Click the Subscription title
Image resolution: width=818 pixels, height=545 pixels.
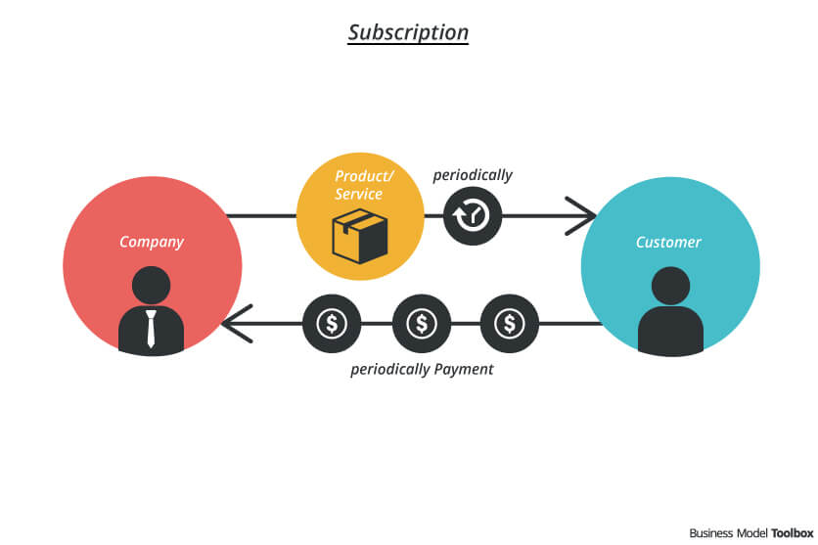coord(408,32)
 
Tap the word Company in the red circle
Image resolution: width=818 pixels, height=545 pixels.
coord(151,242)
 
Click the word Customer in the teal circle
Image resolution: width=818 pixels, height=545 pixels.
coord(668,242)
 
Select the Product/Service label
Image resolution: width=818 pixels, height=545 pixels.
coord(359,185)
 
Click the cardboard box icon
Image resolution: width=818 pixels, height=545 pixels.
coord(360,238)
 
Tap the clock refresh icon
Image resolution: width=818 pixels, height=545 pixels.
coord(472,214)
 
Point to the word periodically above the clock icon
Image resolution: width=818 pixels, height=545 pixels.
coord(473,175)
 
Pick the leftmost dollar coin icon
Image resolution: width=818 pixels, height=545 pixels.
coord(332,323)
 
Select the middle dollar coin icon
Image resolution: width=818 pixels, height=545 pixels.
coord(421,323)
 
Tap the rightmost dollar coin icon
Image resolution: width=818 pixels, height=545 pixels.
coord(509,323)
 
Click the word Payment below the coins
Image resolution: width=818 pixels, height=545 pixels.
coord(463,370)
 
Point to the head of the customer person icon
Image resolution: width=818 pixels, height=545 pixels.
coord(670,286)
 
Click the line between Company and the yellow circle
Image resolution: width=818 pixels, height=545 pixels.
coord(261,215)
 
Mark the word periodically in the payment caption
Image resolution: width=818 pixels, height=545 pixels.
coord(389,370)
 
